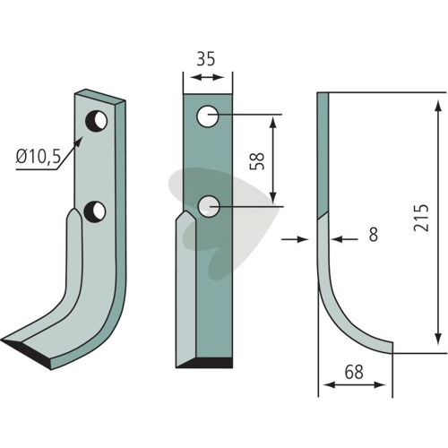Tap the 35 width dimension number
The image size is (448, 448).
coord(206,59)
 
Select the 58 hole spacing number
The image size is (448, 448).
coord(257,161)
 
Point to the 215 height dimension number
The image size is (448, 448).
coord(421,218)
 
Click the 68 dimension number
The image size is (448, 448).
coord(354,372)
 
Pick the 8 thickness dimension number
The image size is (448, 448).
coord(374,234)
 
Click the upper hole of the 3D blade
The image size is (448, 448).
coord(97,121)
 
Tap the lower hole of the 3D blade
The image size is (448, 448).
coord(95,211)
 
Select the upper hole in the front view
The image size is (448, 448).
coord(207,116)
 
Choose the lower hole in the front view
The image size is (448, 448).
coord(209,206)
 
